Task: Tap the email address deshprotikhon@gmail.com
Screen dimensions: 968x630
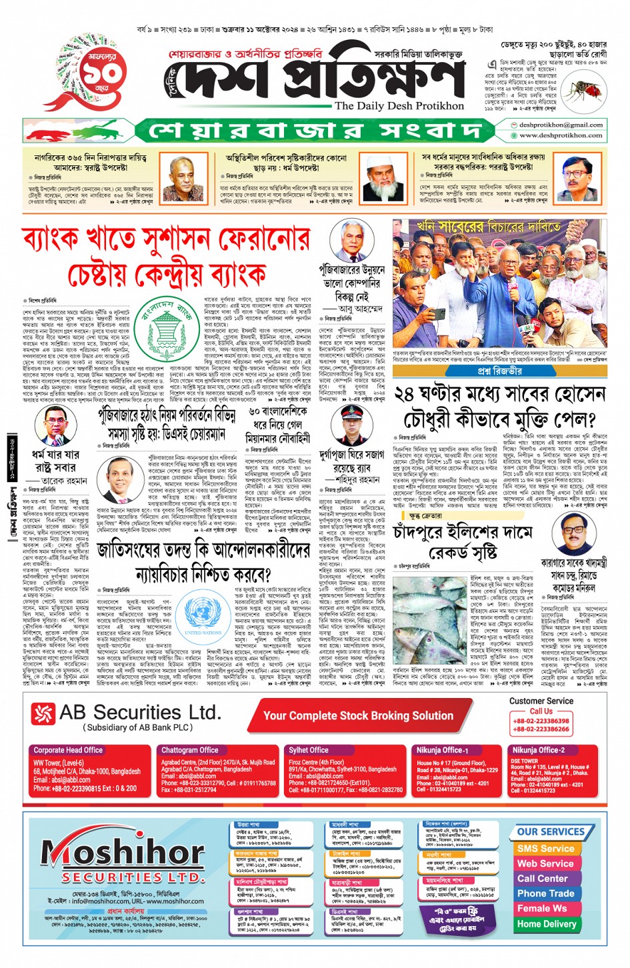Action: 561,125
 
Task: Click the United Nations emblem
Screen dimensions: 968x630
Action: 203,613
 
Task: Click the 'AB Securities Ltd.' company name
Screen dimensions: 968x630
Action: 139,713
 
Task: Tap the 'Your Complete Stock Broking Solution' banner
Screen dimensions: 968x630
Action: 358,715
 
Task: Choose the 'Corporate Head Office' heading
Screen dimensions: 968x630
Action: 68,750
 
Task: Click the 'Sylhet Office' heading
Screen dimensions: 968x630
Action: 308,750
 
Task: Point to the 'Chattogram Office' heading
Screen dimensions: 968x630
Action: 189,750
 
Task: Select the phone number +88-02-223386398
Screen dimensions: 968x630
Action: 541,721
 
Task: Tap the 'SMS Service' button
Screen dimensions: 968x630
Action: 545,849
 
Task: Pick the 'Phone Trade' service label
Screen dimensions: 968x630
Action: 545,893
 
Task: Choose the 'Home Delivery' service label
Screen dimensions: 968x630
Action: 546,923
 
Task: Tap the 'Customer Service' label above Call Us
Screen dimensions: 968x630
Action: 541,701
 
